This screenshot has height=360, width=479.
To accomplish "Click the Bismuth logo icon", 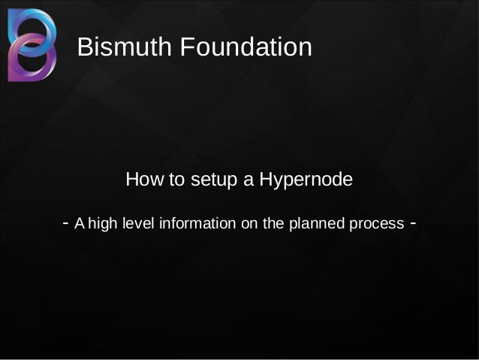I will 32,44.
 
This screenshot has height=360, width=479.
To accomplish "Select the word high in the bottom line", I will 103,224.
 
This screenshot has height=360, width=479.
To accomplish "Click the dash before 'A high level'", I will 68,223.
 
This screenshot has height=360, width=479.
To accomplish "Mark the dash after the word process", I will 413,223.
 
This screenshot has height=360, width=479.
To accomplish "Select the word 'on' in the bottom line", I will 242,224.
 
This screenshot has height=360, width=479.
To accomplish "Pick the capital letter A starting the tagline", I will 81,224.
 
